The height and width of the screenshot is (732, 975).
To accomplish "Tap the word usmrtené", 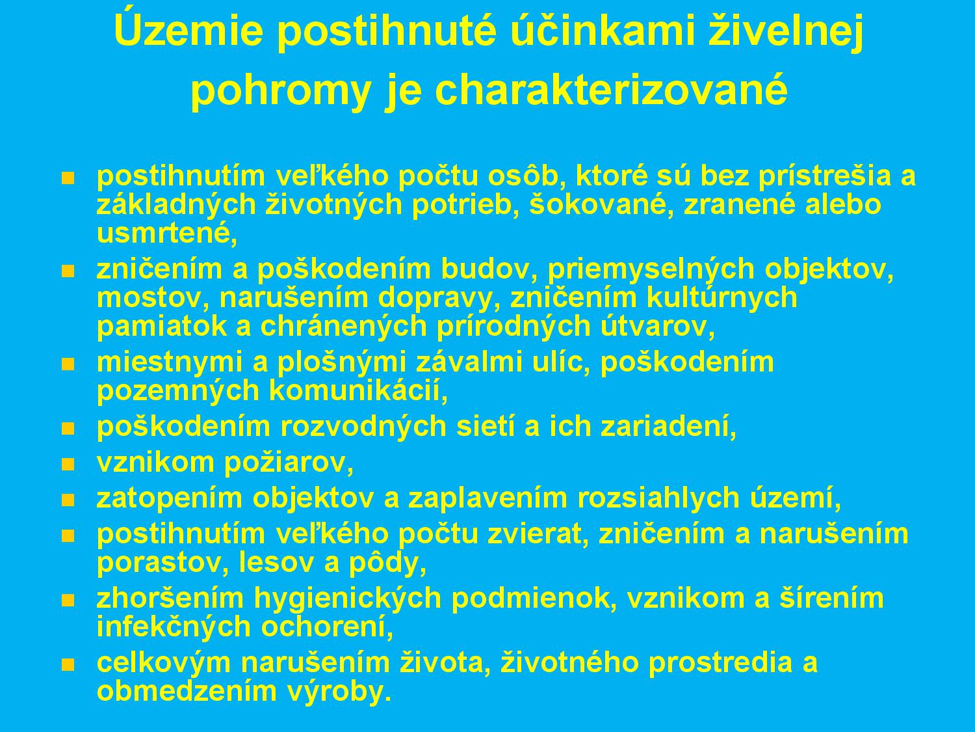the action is [x=167, y=234].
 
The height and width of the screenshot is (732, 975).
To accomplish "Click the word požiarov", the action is [x=289, y=463].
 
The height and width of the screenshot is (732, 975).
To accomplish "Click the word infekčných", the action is [x=175, y=627].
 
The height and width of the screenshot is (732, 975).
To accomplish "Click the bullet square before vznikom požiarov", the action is [x=68, y=465].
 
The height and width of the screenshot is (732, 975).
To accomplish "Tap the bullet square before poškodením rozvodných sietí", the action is [x=68, y=428].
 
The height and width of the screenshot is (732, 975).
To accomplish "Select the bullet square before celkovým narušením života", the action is [x=68, y=664].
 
